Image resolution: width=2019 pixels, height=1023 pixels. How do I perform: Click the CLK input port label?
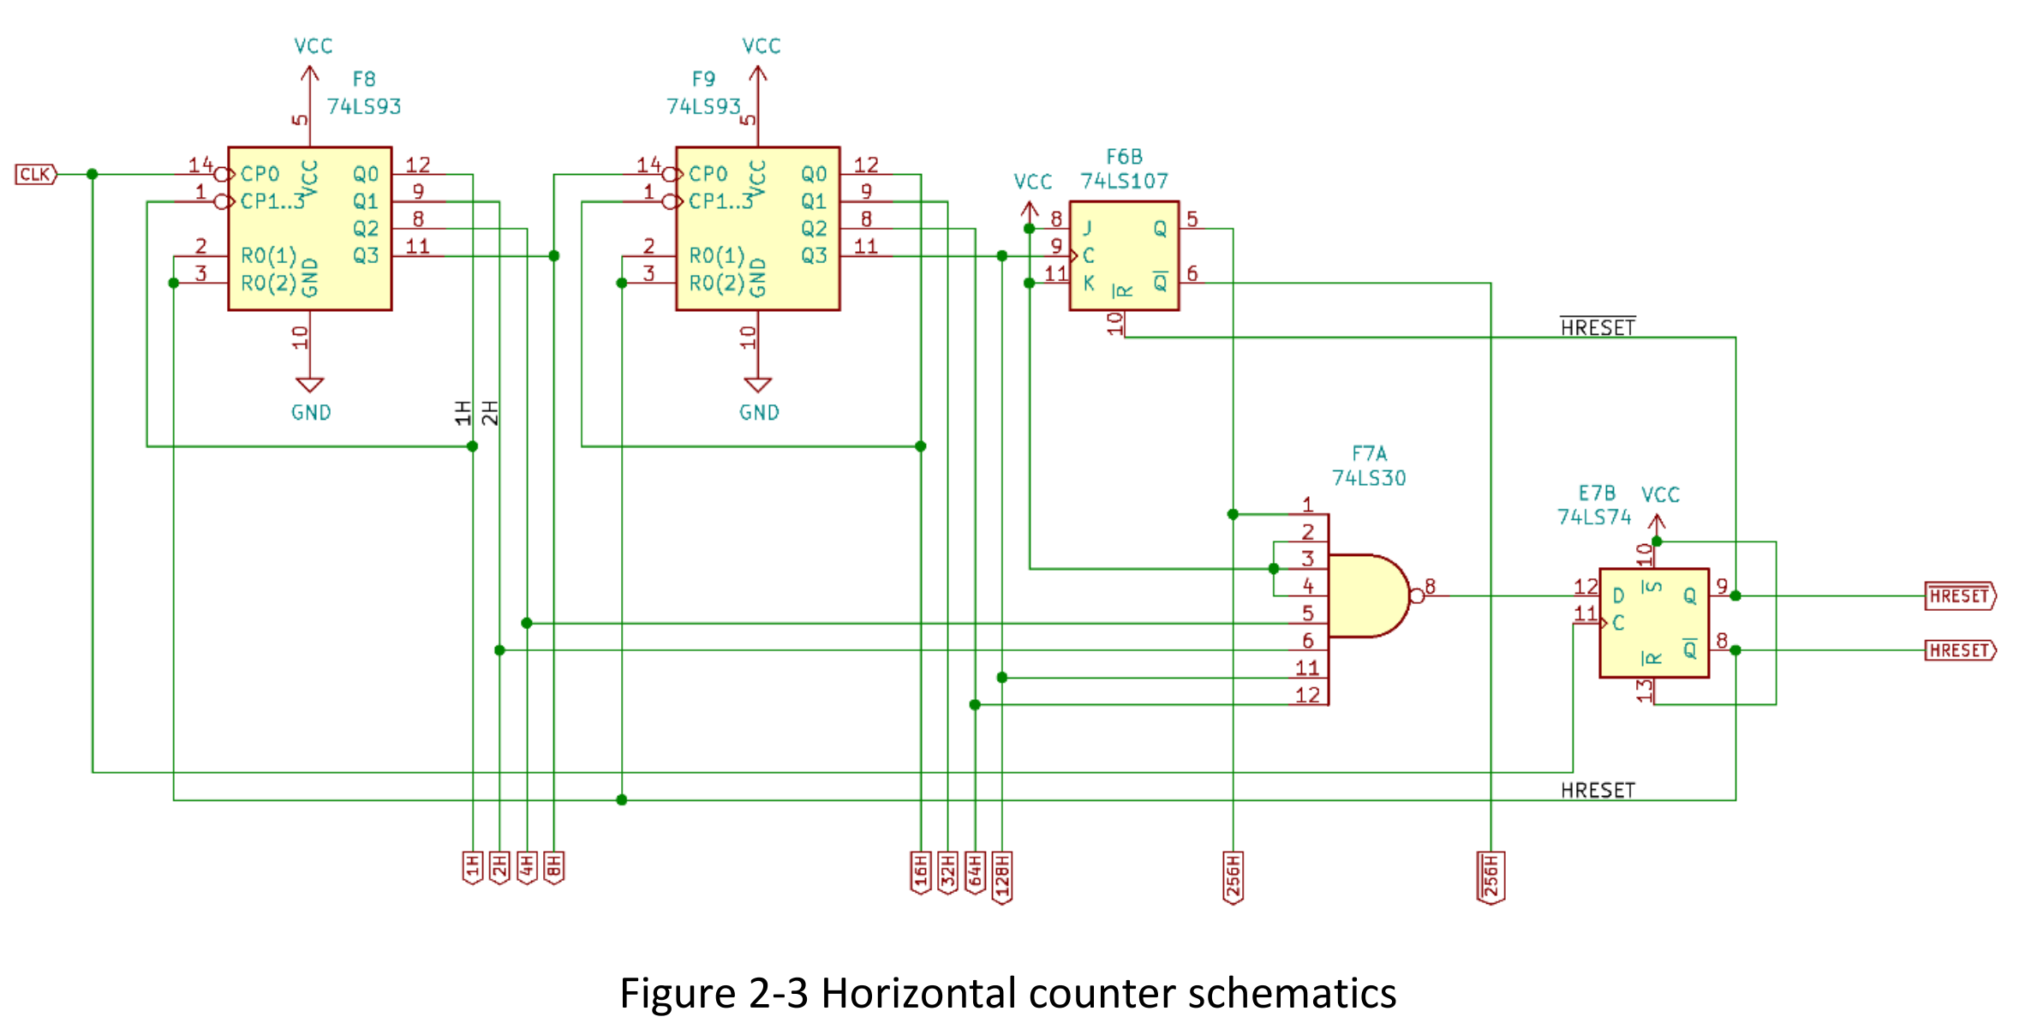coord(35,175)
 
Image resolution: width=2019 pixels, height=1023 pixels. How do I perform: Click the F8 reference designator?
coord(364,80)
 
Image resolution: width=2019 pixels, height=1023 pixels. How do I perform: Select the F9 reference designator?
coord(703,80)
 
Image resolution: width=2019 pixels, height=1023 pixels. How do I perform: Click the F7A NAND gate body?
coord(1366,596)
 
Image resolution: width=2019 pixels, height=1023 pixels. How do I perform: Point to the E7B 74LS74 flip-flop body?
coord(1653,623)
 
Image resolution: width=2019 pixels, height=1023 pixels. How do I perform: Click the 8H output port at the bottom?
coord(554,868)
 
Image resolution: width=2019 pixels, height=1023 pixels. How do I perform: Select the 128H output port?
coord(1002,876)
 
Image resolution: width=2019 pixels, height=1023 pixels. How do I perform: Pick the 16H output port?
coord(921,872)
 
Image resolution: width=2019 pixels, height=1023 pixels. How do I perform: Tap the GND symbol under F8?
coord(310,386)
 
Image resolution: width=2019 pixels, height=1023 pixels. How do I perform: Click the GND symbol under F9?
coord(758,386)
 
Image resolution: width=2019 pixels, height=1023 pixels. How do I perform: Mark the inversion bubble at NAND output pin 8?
coord(1417,596)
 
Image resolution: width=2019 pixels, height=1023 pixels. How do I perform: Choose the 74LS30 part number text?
coord(1369,478)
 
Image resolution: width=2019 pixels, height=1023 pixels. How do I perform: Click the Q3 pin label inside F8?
coord(366,256)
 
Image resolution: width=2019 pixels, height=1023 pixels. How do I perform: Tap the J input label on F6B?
coord(1088,229)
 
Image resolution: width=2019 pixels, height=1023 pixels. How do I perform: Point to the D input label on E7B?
coord(1618,595)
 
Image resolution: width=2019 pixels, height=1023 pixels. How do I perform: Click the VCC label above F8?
coord(313,46)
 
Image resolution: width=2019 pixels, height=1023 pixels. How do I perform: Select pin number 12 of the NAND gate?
coord(1307,695)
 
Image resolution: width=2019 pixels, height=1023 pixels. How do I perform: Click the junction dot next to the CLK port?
coord(93,175)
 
